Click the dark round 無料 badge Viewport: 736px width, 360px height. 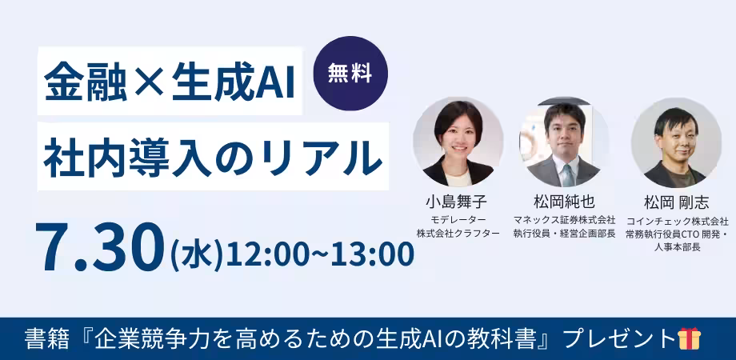coord(350,74)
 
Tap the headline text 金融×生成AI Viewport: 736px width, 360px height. coord(170,81)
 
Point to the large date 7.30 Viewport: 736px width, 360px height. coord(99,247)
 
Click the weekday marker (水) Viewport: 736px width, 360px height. coord(196,254)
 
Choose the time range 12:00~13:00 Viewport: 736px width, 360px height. coord(320,254)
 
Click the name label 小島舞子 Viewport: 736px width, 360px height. coord(456,202)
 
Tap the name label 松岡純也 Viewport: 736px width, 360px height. coord(564,202)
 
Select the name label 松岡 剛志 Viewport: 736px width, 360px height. coord(676,202)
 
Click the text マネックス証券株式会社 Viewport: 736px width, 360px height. coord(564,219)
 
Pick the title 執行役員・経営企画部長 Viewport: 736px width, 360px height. coord(564,234)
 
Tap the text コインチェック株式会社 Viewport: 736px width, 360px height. coord(677,220)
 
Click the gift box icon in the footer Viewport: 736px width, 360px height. coord(690,339)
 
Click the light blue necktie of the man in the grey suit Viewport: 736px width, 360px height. coord(568,175)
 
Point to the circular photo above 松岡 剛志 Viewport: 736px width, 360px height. coord(676,142)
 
